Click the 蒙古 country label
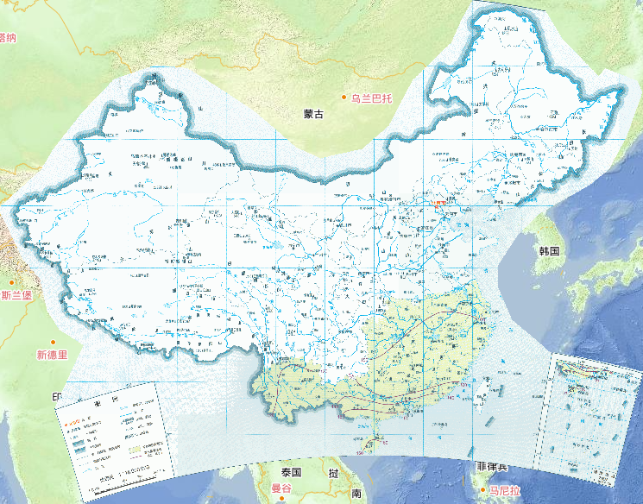(x=313, y=113)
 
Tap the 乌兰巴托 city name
(x=372, y=98)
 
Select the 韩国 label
(x=550, y=251)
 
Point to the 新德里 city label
(x=52, y=355)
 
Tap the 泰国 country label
(x=290, y=472)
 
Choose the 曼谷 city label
(x=282, y=488)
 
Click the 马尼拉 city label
(x=504, y=490)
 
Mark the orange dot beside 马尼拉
(x=483, y=490)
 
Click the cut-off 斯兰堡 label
(x=16, y=296)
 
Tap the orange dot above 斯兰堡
(x=11, y=282)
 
